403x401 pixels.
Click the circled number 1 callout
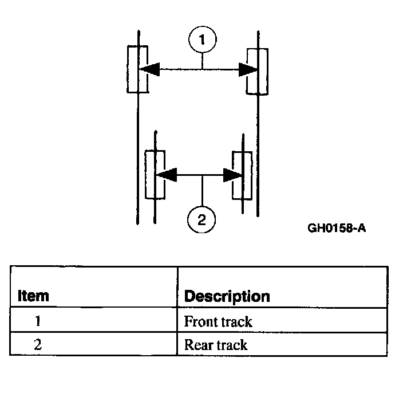(x=203, y=40)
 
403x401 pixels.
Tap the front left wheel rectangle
(x=137, y=69)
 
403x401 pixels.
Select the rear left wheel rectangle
(x=155, y=175)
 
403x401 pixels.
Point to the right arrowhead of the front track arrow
(x=248, y=70)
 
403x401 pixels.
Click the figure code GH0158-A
(x=337, y=228)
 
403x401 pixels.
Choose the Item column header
(x=33, y=296)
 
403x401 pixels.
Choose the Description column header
(x=227, y=296)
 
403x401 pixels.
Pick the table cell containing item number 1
(x=38, y=321)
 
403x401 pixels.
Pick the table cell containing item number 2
(x=38, y=345)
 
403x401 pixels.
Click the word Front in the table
(x=197, y=321)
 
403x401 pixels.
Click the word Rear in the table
(x=196, y=345)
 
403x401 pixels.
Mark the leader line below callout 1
(x=203, y=61)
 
